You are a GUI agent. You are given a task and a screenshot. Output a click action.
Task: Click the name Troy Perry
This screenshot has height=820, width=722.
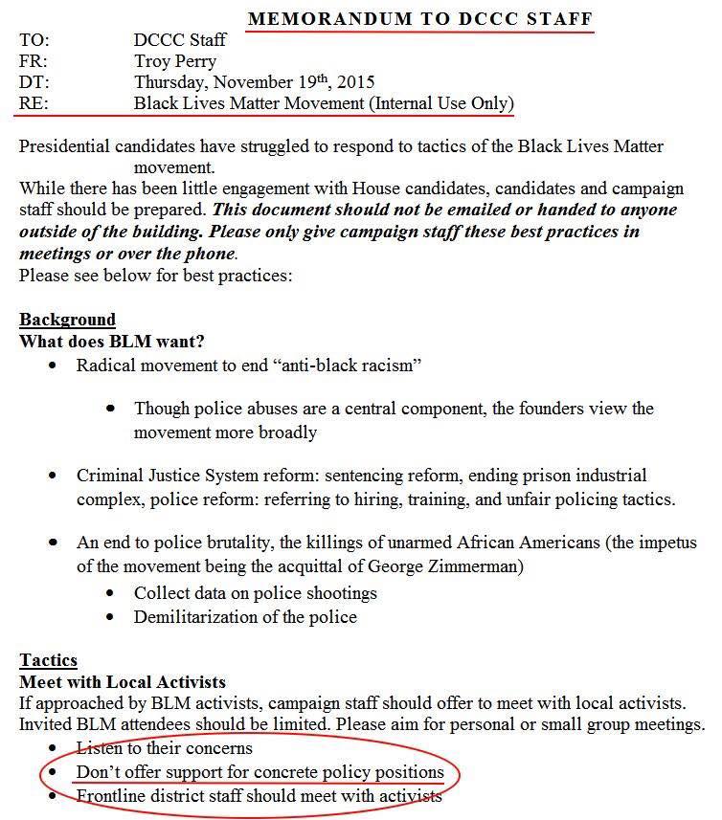click(x=175, y=61)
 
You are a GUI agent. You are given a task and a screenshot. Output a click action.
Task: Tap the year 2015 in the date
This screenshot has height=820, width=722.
click(x=355, y=82)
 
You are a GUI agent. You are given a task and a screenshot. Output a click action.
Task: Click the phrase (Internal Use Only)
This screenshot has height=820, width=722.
click(x=441, y=103)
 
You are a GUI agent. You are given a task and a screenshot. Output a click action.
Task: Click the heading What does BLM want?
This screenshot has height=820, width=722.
click(x=112, y=341)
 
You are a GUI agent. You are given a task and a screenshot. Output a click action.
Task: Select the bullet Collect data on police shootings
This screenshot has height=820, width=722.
click(x=255, y=593)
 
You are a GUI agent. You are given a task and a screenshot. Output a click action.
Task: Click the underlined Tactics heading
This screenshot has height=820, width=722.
click(x=48, y=660)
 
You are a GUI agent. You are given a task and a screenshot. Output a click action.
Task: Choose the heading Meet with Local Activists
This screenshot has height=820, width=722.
click(x=123, y=681)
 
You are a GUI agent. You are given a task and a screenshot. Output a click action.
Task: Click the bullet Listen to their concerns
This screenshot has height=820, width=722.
click(x=165, y=748)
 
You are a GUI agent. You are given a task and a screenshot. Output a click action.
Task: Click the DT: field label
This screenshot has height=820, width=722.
click(x=34, y=82)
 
